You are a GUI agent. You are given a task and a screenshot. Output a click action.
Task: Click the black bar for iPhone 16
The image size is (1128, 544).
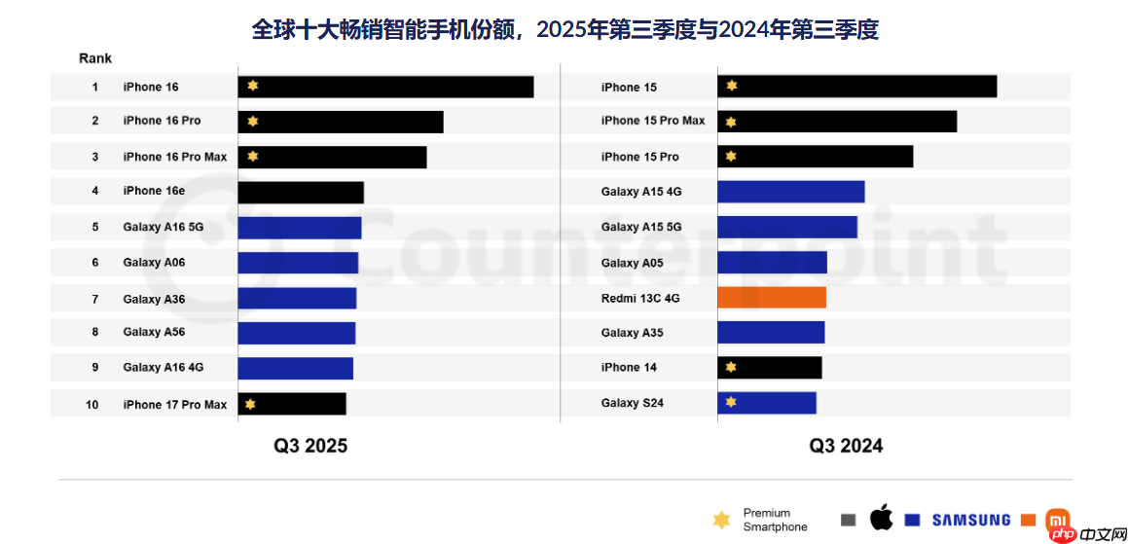click(x=385, y=87)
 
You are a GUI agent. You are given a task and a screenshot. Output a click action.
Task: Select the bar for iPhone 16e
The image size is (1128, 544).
click(x=301, y=192)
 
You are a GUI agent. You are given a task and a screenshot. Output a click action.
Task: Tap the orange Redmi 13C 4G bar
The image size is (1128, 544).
click(x=772, y=298)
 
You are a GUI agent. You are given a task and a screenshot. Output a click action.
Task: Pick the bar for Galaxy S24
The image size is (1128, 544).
click(x=767, y=403)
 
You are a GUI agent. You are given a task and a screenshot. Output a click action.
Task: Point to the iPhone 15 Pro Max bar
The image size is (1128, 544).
click(x=837, y=122)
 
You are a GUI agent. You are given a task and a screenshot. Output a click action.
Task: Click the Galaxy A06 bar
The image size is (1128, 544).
click(x=298, y=263)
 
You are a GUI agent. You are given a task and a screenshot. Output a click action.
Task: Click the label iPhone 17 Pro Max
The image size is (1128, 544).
click(x=174, y=405)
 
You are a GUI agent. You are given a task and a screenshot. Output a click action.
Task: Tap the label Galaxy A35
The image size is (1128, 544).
click(x=632, y=333)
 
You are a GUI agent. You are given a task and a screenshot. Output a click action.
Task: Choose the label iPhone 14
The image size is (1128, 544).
click(x=629, y=368)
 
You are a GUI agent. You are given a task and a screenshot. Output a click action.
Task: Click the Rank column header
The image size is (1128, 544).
click(x=95, y=58)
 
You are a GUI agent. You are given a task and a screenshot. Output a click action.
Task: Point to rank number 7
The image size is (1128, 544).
click(x=95, y=299)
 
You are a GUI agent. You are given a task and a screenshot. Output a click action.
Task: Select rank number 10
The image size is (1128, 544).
click(x=92, y=405)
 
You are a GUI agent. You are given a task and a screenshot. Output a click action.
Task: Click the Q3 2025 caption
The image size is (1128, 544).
click(x=309, y=446)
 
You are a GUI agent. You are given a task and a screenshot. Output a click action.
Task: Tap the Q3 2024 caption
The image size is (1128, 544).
click(x=846, y=446)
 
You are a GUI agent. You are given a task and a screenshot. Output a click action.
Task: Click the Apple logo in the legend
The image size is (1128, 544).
click(x=881, y=519)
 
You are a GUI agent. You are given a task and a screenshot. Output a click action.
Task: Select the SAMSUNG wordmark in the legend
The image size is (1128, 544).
click(x=970, y=520)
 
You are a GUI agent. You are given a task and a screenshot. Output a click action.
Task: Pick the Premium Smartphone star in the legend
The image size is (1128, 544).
click(x=721, y=520)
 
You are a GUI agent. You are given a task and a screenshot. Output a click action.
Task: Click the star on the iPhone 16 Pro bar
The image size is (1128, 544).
click(x=253, y=122)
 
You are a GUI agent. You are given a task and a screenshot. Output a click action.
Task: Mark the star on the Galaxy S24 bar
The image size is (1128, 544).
click(x=731, y=402)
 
